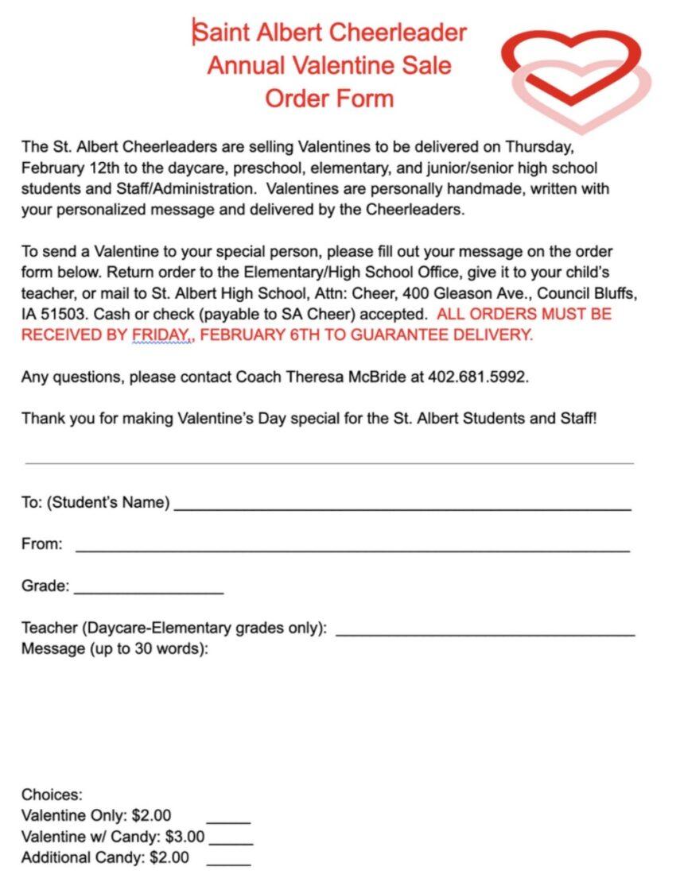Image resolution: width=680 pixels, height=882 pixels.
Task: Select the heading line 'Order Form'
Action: (x=329, y=99)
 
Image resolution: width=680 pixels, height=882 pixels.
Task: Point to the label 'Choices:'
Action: (x=52, y=795)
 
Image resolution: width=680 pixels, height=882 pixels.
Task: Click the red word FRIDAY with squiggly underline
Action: (x=161, y=335)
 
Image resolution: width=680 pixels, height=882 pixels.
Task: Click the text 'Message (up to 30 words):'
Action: (x=115, y=649)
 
